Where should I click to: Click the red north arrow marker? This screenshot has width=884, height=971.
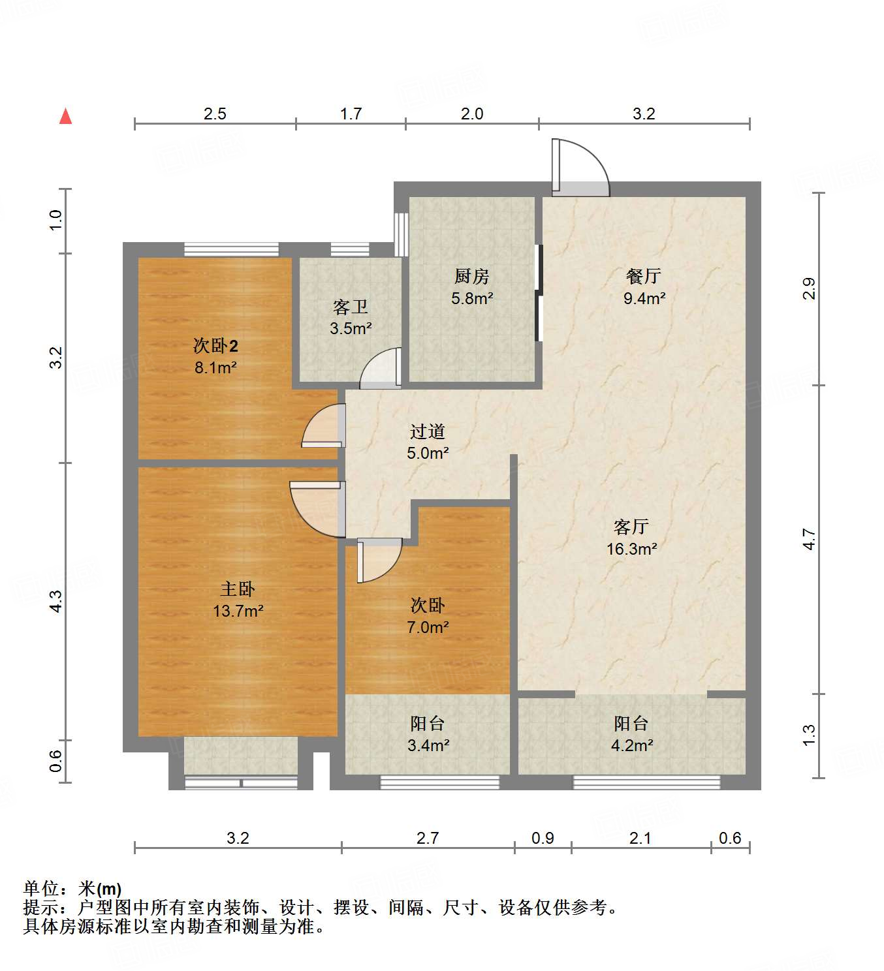click(x=65, y=116)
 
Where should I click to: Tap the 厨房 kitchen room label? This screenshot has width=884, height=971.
click(x=471, y=277)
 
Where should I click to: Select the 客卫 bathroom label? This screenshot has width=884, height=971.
click(x=350, y=307)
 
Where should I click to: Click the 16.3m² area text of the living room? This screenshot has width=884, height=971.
click(x=631, y=549)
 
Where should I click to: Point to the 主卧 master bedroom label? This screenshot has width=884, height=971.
click(x=238, y=589)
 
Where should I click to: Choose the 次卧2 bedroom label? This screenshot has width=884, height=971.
click(x=215, y=345)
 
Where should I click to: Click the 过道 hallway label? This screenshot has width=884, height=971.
click(x=428, y=431)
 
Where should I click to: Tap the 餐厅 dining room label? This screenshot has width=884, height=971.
click(x=644, y=276)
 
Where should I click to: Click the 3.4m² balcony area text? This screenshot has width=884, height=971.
click(x=428, y=745)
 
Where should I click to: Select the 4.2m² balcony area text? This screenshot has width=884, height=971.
click(x=632, y=745)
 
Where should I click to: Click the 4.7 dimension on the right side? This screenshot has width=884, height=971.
click(x=810, y=538)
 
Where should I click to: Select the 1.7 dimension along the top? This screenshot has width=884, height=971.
click(x=351, y=114)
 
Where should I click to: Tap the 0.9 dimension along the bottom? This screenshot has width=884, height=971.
click(x=543, y=838)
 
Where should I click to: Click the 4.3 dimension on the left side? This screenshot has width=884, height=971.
click(x=56, y=600)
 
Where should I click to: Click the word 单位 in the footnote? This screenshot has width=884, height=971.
click(x=40, y=888)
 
